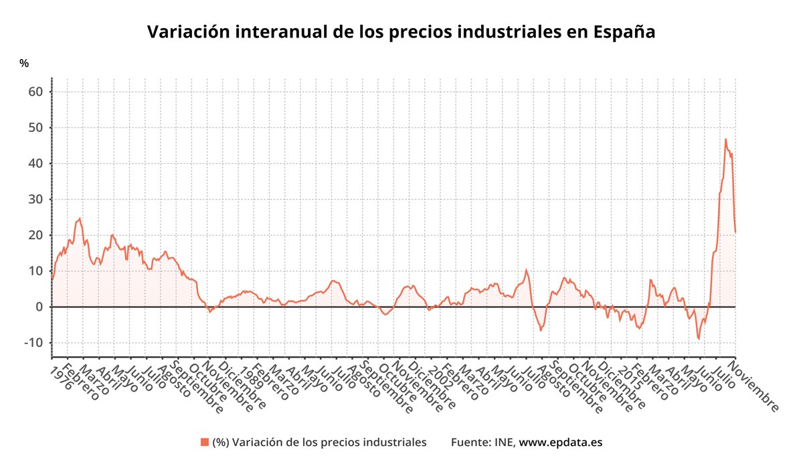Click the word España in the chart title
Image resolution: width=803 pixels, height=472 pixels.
pos(624,32)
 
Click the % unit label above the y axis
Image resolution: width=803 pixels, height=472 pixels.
pos(24,64)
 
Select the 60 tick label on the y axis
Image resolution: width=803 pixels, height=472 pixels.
pos(35,92)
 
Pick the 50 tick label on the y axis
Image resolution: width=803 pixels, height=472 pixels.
pos(35,128)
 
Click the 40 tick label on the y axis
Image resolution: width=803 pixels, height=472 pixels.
pos(35,163)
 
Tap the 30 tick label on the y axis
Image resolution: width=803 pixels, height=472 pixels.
pos(35,200)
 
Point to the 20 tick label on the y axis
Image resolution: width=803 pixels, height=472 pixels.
pos(35,235)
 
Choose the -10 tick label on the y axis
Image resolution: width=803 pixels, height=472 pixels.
pos(33,343)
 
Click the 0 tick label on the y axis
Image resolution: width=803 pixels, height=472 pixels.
pos(39,307)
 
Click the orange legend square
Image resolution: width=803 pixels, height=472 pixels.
pos(204,442)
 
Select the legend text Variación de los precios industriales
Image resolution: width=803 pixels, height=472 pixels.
pos(319,442)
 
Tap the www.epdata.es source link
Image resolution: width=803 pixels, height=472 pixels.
pos(561,442)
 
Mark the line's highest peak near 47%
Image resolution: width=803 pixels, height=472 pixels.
pos(725,139)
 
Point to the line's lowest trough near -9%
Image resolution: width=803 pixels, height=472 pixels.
pos(699,339)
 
